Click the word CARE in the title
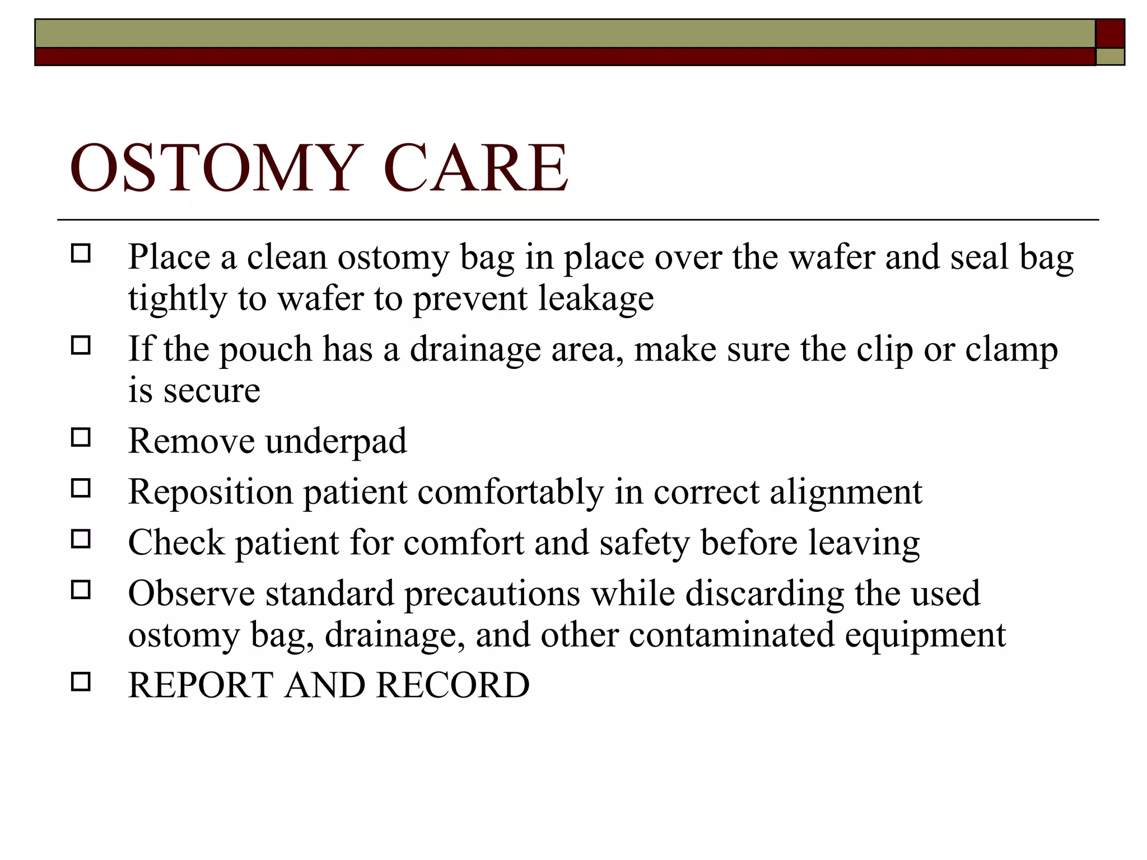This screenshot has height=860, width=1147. pyautogui.click(x=475, y=168)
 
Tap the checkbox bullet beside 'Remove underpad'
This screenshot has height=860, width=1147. pyautogui.click(x=81, y=437)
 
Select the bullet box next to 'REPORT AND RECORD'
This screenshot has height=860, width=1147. pyautogui.click(x=81, y=681)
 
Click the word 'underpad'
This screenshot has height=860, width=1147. pyautogui.click(x=336, y=442)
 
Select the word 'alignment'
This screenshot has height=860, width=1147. pyautogui.click(x=846, y=492)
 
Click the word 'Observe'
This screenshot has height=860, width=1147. pyautogui.click(x=191, y=593)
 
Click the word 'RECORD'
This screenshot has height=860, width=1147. pyautogui.click(x=453, y=685)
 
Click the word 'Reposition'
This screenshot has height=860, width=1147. pyautogui.click(x=211, y=493)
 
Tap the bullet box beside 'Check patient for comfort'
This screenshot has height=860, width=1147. pyautogui.click(x=81, y=539)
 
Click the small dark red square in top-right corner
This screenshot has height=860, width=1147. pyautogui.click(x=1110, y=34)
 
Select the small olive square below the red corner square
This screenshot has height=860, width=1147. pyautogui.click(x=1110, y=57)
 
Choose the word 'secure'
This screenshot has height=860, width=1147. pyautogui.click(x=212, y=391)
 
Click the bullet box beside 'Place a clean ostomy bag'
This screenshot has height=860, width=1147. pyautogui.click(x=81, y=254)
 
